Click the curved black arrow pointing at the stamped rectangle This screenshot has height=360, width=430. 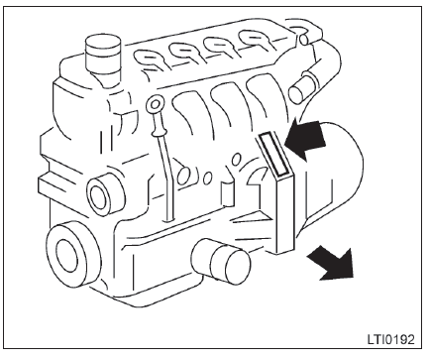(305, 139)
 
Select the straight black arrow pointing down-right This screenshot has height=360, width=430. (332, 264)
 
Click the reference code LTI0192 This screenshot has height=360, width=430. (390, 340)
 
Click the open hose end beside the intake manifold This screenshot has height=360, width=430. (302, 87)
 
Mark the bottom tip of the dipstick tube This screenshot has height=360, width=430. (169, 219)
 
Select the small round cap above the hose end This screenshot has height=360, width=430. (304, 39)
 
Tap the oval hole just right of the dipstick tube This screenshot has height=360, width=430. (183, 176)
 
